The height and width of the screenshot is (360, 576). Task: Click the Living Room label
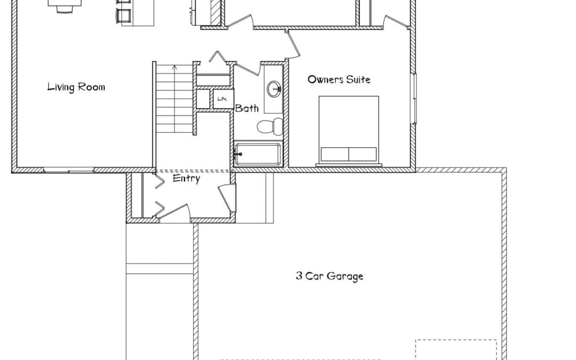point(76,87)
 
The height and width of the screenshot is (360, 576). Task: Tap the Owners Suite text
point(339,79)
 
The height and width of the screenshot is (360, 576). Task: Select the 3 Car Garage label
point(330,276)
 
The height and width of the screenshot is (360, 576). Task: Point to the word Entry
point(186,179)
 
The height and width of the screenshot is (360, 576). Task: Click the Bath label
point(246,108)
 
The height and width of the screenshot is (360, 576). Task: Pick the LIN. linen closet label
point(222,99)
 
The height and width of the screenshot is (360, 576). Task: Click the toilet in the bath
point(270,126)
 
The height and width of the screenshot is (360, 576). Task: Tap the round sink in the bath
point(274,89)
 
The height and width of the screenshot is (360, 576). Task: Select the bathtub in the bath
point(258,154)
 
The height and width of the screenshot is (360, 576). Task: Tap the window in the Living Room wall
point(69,170)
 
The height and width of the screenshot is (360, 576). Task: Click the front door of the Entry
point(174,213)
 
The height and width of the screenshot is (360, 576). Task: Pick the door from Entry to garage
point(227,198)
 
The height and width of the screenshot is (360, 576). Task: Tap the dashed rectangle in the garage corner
point(456,350)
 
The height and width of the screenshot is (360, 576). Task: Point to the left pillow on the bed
point(334,154)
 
